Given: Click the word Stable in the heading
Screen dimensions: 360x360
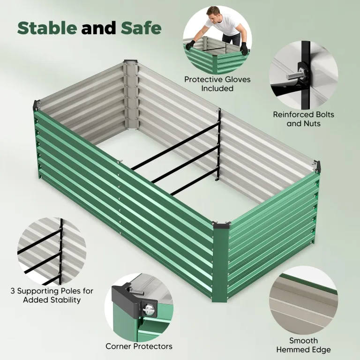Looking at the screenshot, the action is (x=47, y=28).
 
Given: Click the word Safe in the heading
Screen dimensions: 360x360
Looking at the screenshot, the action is (x=141, y=28).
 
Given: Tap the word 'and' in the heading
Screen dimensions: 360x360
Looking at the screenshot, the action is (x=99, y=28).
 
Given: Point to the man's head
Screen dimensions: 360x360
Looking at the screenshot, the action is (x=214, y=14).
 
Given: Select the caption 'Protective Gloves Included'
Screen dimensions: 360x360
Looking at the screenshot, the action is (x=217, y=84).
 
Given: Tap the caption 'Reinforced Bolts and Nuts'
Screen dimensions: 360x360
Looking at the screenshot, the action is (x=303, y=119).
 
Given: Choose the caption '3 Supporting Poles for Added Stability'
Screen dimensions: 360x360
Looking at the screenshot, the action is (x=52, y=295).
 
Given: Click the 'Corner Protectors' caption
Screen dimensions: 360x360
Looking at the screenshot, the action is (x=139, y=346).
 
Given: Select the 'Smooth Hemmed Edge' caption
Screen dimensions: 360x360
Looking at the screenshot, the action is (x=303, y=345).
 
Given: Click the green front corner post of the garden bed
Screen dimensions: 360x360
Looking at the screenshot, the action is (x=220, y=262).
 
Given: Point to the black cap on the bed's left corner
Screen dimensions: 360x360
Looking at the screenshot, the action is (x=37, y=105).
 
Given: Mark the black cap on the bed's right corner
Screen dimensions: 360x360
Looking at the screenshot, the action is (x=317, y=166).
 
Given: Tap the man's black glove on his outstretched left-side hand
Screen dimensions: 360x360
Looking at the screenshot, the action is (x=190, y=45).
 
